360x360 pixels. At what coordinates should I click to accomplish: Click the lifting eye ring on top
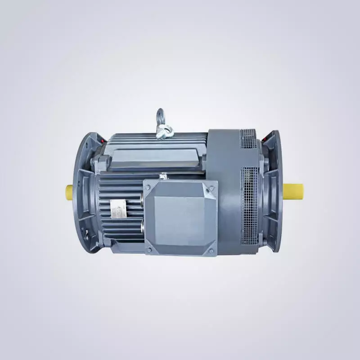160,116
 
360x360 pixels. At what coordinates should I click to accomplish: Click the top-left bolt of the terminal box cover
149,185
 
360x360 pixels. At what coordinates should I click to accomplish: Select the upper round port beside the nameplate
142,201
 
